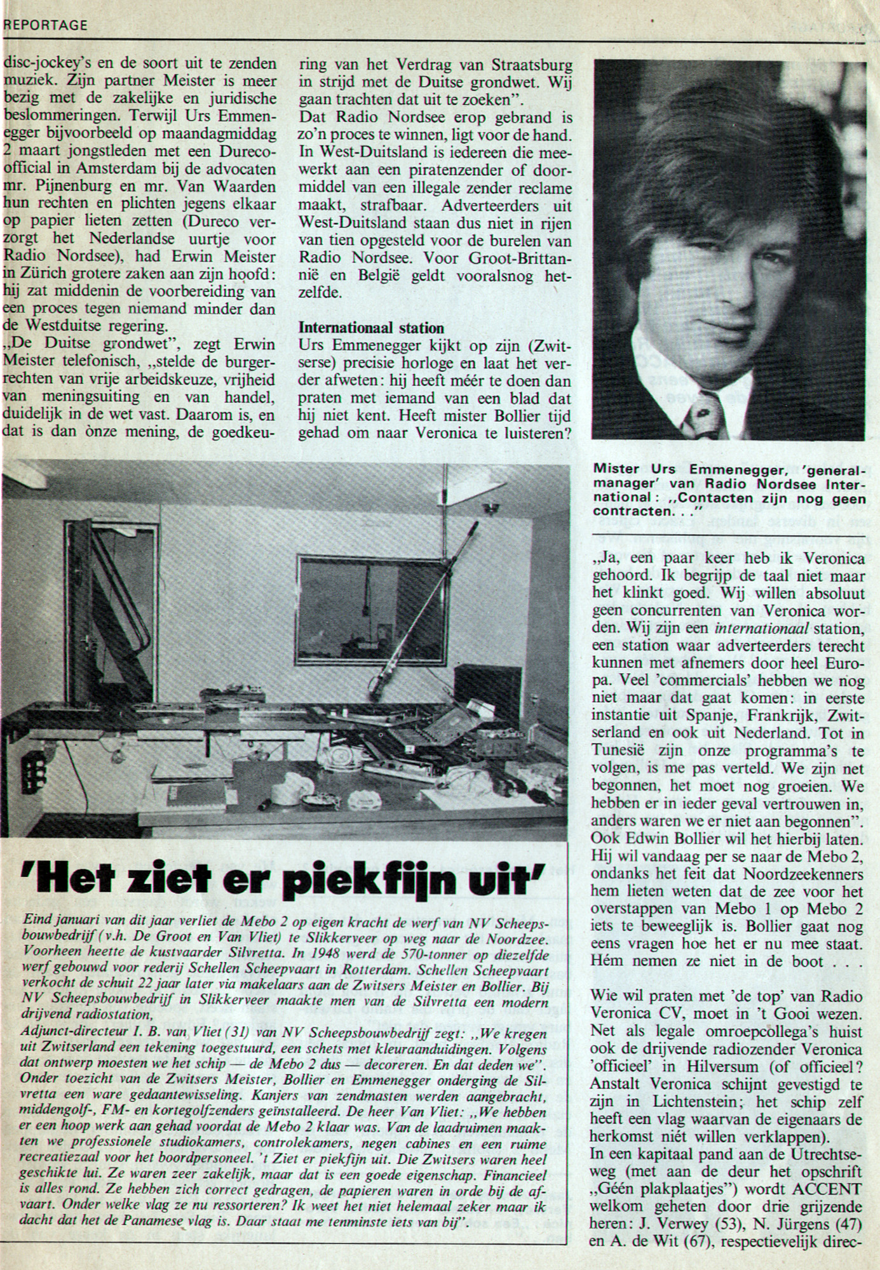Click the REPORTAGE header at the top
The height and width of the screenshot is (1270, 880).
[44, 25]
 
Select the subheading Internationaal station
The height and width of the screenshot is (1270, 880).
[372, 328]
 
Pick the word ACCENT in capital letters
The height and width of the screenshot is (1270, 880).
[834, 1188]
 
